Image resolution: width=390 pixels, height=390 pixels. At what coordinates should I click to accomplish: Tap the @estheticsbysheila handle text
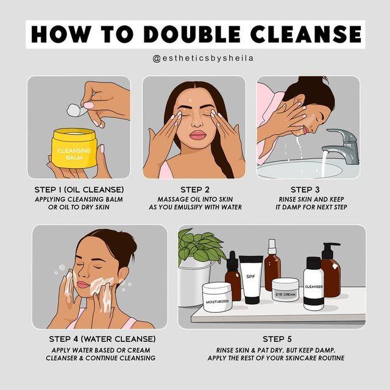pyautogui.click(x=194, y=58)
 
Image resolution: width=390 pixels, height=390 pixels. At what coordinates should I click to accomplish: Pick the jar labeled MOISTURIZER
pyautogui.click(x=217, y=298)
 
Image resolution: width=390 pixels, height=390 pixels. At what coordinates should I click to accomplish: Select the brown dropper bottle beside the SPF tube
pyautogui.click(x=233, y=281)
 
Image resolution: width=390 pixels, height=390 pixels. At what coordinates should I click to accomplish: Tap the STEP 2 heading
pyautogui.click(x=194, y=190)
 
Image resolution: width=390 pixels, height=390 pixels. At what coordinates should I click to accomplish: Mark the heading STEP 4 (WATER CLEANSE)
pyautogui.click(x=102, y=338)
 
